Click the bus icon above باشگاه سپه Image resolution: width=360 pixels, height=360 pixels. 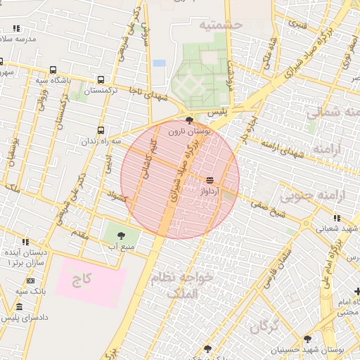click(x=53, y=70)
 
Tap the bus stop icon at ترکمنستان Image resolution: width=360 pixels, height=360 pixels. click(x=101, y=79)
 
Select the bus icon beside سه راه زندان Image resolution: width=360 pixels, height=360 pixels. click(x=101, y=130)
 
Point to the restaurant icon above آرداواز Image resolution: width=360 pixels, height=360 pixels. click(x=210, y=181)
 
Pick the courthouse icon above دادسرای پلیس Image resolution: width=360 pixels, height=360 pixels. click(x=18, y=307)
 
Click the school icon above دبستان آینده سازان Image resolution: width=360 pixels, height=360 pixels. click(x=26, y=241)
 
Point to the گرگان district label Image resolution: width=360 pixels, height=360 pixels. click(x=264, y=326)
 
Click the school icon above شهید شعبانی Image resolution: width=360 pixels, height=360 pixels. click(x=307, y=220)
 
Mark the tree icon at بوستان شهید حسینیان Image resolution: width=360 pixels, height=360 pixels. click(x=307, y=339)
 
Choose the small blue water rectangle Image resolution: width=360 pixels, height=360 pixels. click(x=159, y=63)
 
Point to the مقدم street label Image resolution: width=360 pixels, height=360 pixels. click(x=79, y=234)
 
